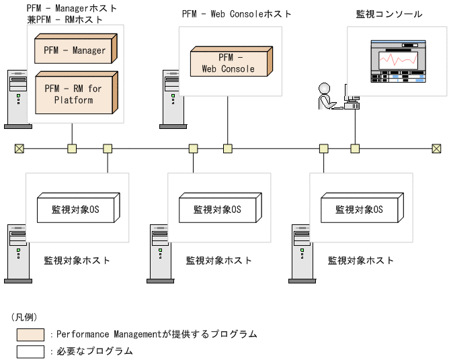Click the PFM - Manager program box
point(74,50)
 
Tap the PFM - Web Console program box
point(228,63)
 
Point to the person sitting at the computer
point(326,97)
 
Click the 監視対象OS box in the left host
point(75,209)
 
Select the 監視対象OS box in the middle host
point(218,209)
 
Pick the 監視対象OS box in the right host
point(360,209)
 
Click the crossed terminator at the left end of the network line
point(19,148)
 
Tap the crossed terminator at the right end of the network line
point(436,148)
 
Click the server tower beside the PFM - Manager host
point(17,98)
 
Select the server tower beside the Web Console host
point(172,98)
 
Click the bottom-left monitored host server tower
point(17,253)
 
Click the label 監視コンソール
point(389,13)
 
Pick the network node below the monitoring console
point(355,148)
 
